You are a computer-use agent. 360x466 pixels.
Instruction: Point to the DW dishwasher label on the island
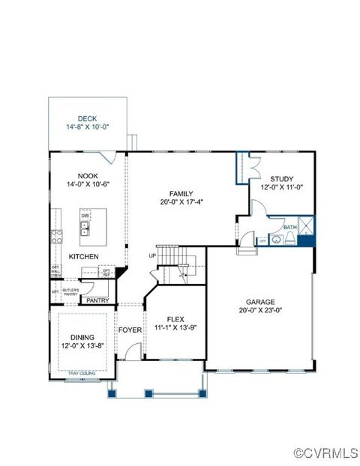coord(85,214)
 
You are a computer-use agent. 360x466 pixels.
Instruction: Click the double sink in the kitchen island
coord(85,228)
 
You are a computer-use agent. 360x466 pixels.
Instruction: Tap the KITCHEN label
coord(84,256)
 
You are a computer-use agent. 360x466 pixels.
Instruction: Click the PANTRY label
coord(97,300)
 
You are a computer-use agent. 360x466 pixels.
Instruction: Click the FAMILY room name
coord(181,193)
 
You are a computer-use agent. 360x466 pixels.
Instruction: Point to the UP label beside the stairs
coord(152,255)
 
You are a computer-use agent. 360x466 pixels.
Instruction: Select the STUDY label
coord(282,179)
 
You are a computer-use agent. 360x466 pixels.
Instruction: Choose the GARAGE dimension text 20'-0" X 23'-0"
coord(260,309)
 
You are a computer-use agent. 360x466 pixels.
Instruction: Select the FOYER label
coord(130,330)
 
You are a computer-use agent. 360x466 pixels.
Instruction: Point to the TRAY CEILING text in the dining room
coord(80,372)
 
